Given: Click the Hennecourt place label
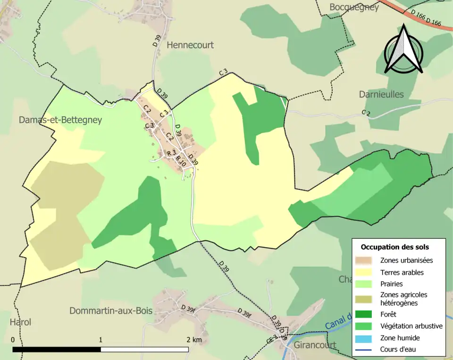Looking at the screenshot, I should pyautogui.click(x=190, y=45).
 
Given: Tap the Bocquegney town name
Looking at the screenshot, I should pyautogui.click(x=354, y=8).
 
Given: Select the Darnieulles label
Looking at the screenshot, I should pyautogui.click(x=381, y=94).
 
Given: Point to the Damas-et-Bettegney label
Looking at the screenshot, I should pyautogui.click(x=60, y=120).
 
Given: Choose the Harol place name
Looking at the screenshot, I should pyautogui.click(x=20, y=322).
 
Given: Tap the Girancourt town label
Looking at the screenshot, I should pyautogui.click(x=315, y=345).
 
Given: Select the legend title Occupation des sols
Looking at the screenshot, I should pyautogui.click(x=394, y=247).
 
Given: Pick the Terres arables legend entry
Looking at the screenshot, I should pyautogui.click(x=402, y=272).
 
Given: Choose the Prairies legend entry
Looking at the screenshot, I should pyautogui.click(x=393, y=284).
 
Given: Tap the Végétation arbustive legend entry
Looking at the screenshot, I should pyautogui.click(x=411, y=326).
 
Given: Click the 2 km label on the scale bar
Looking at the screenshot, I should pyautogui.click(x=193, y=340).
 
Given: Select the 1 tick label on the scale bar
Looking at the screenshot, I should pyautogui.click(x=101, y=340).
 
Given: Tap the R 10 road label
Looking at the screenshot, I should pyautogui.click(x=182, y=160).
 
